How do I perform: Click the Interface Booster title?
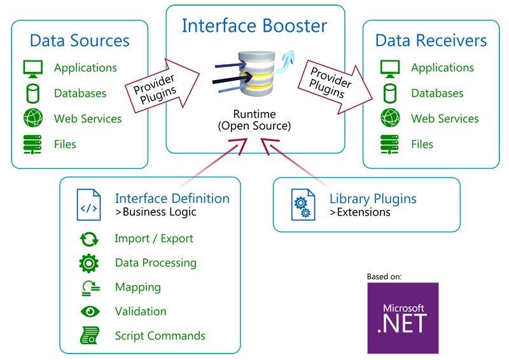[x=254, y=25]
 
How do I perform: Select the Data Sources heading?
[x=80, y=41]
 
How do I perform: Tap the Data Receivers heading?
[x=431, y=41]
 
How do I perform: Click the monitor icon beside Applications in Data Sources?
[x=32, y=67]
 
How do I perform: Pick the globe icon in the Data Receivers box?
[x=389, y=118]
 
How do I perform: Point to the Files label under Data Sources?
[x=65, y=144]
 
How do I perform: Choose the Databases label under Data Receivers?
[x=437, y=93]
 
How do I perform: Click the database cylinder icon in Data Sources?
[x=32, y=93]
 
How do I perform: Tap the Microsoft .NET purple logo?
[x=403, y=318]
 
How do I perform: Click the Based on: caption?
[x=384, y=277]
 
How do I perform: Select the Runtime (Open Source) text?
[x=254, y=120]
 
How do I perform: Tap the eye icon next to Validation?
[x=90, y=312]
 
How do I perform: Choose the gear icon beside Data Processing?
[x=88, y=263]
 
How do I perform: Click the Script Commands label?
[x=160, y=336]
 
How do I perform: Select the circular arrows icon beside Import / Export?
[x=88, y=239]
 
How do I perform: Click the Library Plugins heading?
[x=373, y=198]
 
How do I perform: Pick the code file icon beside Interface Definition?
[x=88, y=205]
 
